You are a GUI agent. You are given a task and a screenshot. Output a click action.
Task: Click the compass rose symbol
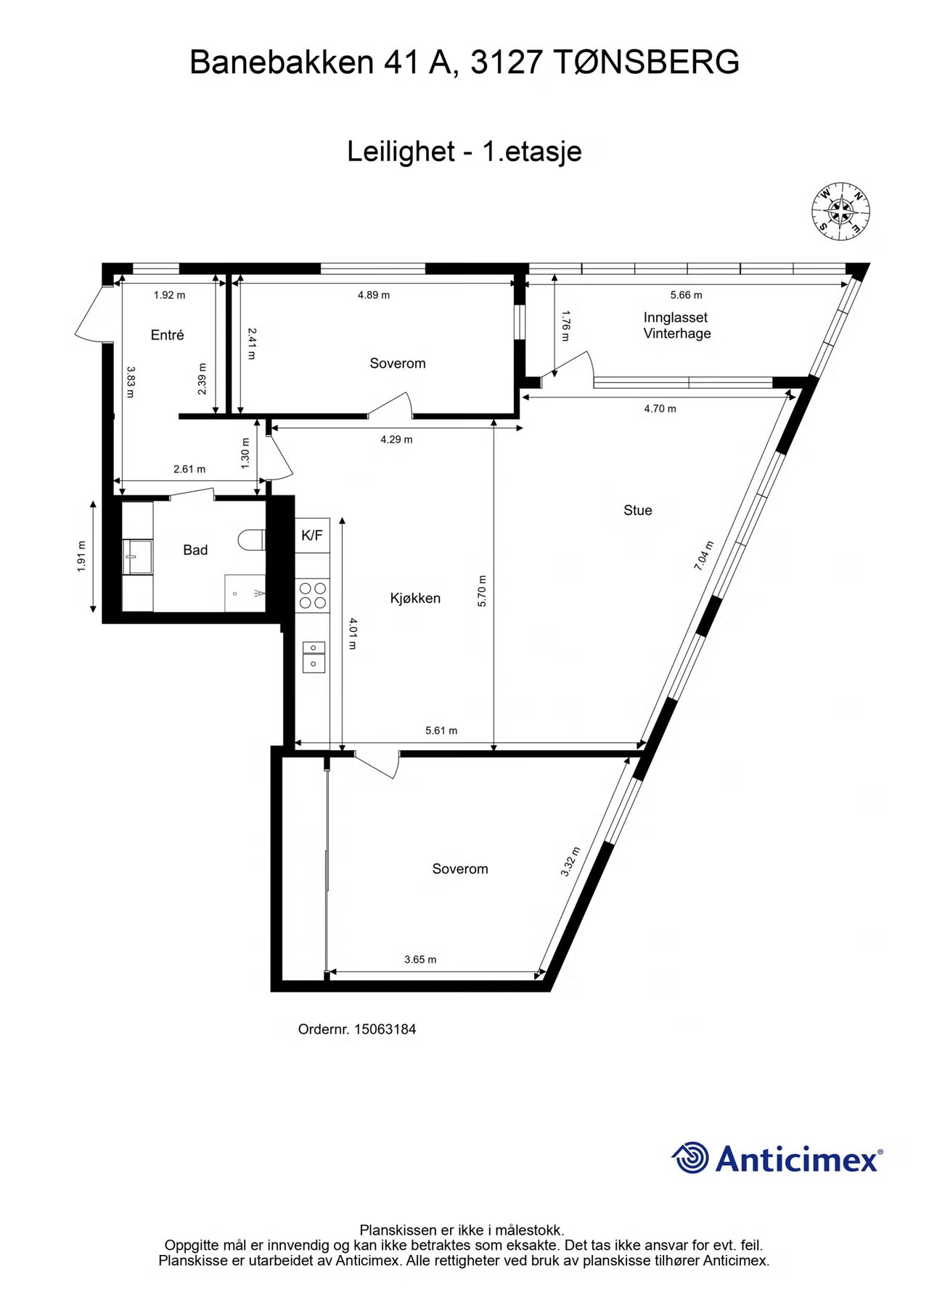[x=841, y=210]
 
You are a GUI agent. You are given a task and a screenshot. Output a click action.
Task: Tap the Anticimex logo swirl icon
[x=690, y=1157]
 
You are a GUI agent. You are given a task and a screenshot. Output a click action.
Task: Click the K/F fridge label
[x=312, y=536]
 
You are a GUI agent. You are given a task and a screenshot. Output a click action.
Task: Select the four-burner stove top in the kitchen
[x=313, y=595]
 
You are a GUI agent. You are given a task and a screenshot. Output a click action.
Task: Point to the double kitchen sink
[x=314, y=656]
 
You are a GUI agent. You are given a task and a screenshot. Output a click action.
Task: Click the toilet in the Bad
[x=251, y=539]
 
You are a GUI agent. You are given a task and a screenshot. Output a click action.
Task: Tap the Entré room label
[x=167, y=334]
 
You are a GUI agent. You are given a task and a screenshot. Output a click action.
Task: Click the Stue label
[x=638, y=510]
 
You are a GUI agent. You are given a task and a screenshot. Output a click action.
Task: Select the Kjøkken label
[x=415, y=598]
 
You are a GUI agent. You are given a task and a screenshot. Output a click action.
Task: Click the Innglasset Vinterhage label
[x=676, y=325]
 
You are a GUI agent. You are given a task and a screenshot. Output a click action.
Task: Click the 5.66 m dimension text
[x=686, y=295]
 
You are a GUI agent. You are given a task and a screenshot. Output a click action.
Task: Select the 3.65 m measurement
[x=420, y=959]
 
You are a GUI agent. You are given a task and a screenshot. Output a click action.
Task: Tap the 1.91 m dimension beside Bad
[x=81, y=556]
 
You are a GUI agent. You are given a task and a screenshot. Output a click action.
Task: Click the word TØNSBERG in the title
[x=648, y=62]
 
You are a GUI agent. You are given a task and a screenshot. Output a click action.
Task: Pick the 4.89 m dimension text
[x=374, y=295]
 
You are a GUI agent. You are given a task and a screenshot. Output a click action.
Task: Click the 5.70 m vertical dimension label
[x=483, y=590]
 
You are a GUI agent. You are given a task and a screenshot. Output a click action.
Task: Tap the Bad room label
[x=195, y=550]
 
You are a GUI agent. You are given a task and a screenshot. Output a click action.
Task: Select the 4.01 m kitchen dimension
[x=353, y=633]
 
